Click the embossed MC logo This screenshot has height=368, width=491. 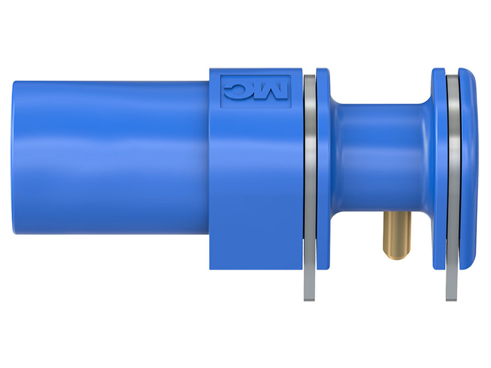[254, 89]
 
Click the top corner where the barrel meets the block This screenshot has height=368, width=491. [209, 81]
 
